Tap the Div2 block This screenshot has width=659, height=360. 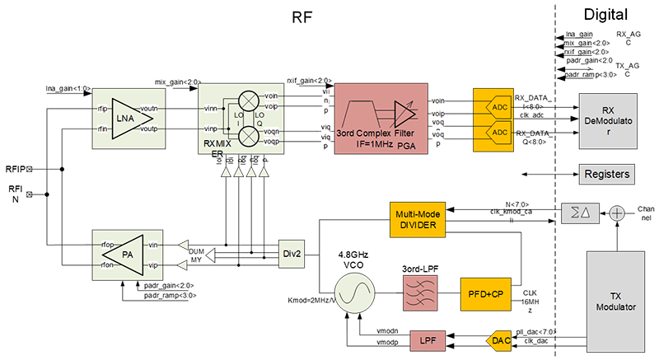[x=292, y=254]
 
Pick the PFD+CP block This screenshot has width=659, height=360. [x=479, y=292]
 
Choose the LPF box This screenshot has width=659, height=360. [x=427, y=339]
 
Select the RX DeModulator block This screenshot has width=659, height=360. [x=608, y=120]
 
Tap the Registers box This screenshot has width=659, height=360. [x=607, y=174]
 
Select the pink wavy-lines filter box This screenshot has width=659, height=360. [x=418, y=292]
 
